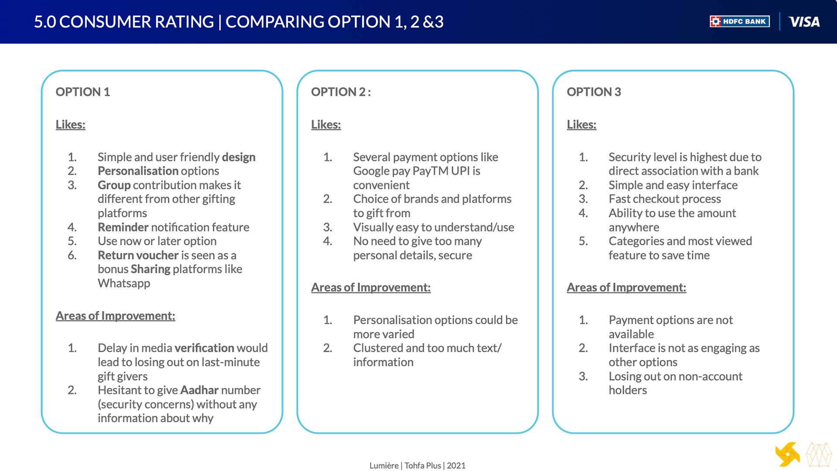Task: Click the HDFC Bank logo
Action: tap(739, 21)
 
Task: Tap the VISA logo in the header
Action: tap(804, 22)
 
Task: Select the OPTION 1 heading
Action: tap(83, 92)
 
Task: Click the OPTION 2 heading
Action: tap(341, 92)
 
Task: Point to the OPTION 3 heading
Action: tap(594, 92)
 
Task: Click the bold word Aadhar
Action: tap(199, 390)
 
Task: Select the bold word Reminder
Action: tap(123, 227)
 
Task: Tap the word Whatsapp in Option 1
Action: tap(124, 283)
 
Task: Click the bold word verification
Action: tap(204, 348)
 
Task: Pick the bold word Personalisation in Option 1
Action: tap(138, 171)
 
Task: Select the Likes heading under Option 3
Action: tap(582, 124)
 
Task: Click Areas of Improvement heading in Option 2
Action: tap(371, 287)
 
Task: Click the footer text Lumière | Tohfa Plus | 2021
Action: tap(418, 465)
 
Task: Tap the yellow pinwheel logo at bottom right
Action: tap(787, 454)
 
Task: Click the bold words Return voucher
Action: tap(138, 255)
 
